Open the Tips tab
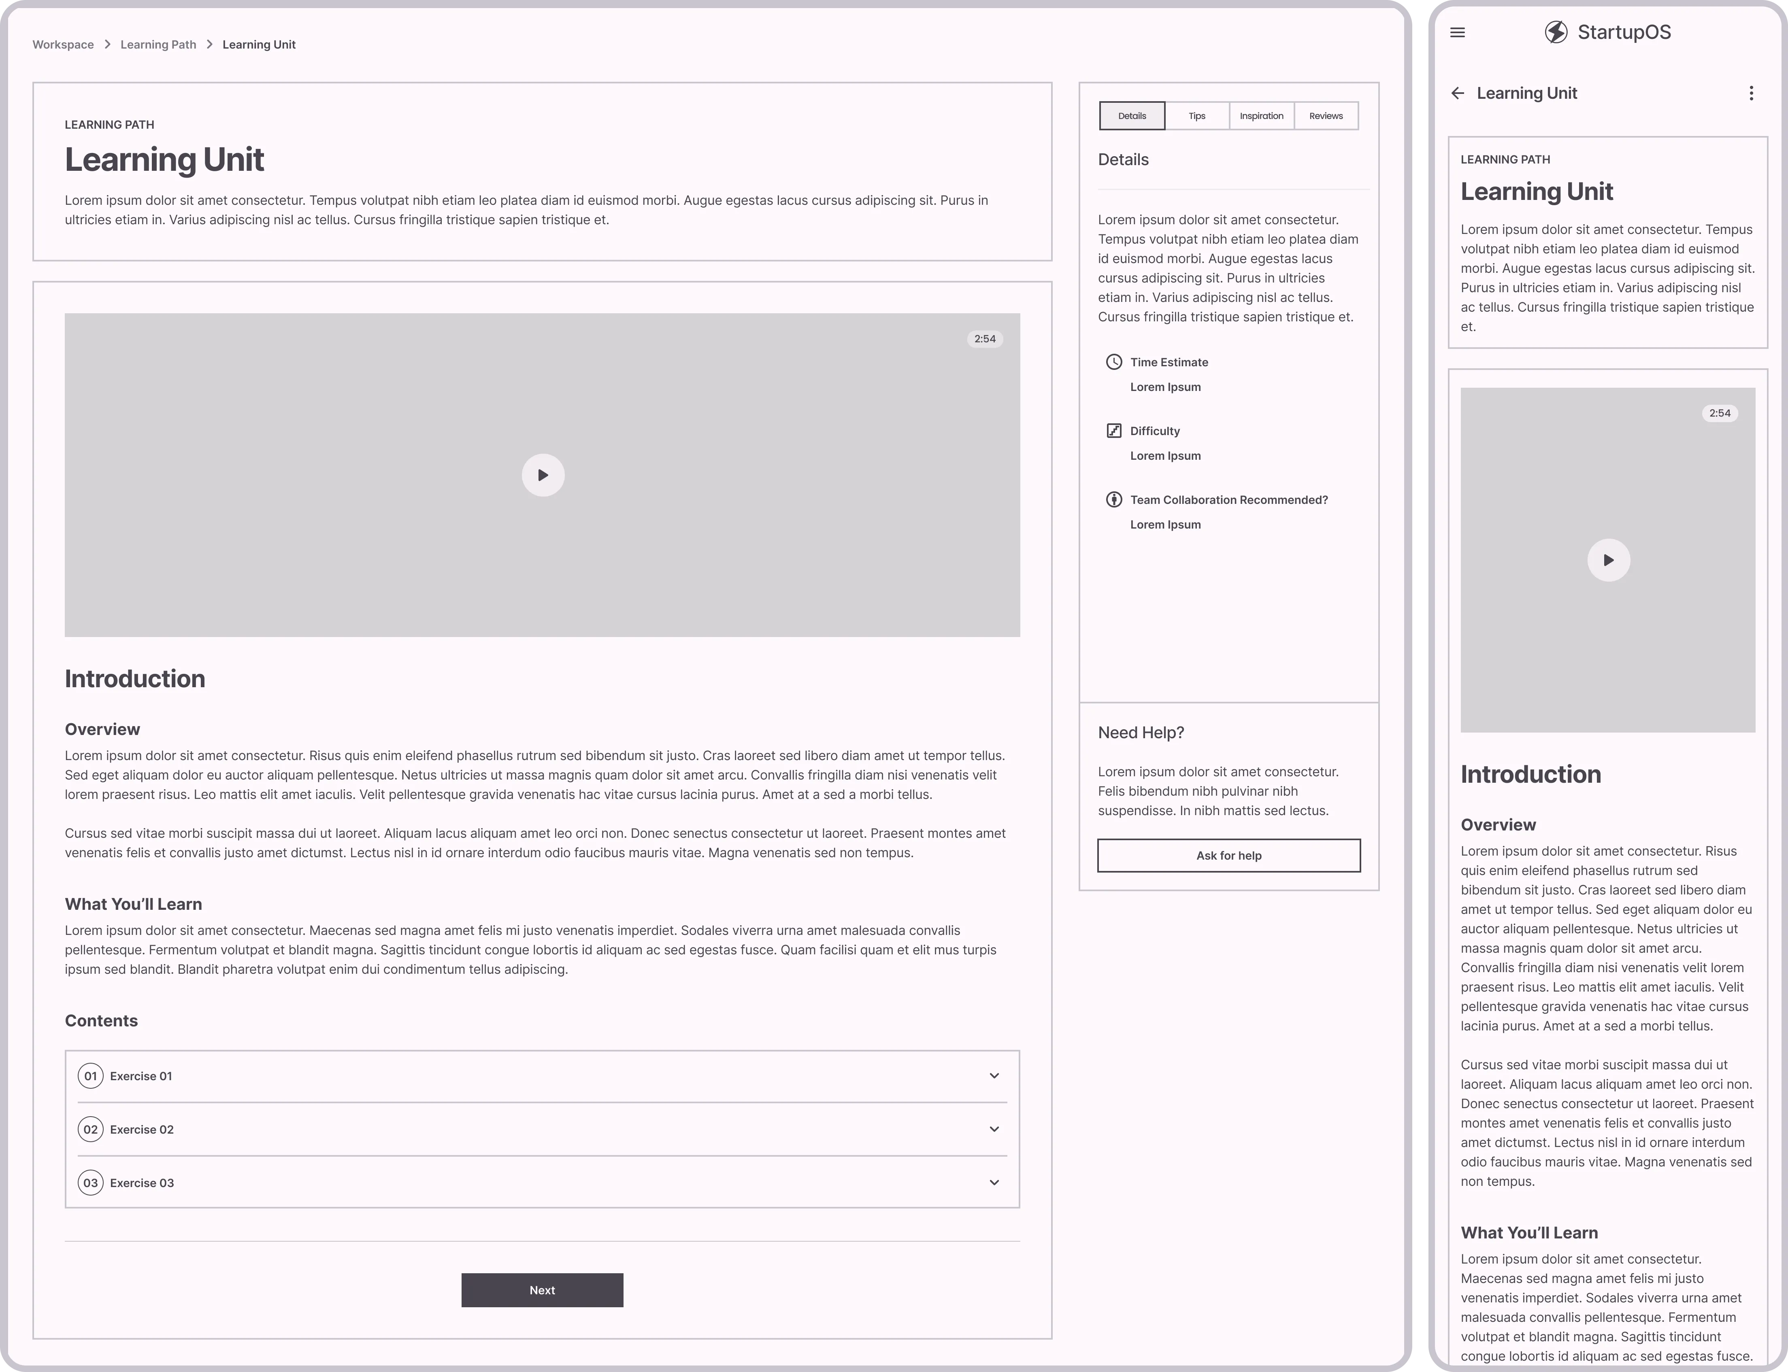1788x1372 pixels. (1196, 116)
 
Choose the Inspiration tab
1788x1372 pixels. (1261, 116)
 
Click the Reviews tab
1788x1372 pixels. (1326, 116)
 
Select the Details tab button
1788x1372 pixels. (1132, 116)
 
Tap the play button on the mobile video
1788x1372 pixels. (1608, 560)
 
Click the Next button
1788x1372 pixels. (542, 1290)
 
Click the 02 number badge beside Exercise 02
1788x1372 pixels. (91, 1130)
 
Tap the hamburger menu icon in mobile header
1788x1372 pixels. (1457, 33)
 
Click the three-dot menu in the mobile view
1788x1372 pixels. (1750, 93)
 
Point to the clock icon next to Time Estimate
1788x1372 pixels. (1113, 362)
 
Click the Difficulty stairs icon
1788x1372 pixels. (1113, 430)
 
